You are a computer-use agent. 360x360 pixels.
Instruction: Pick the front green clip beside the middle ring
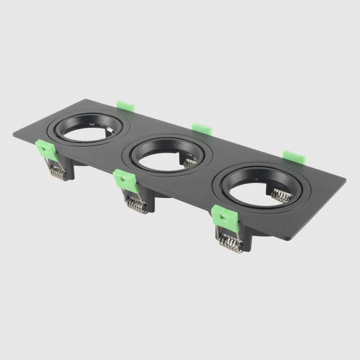125,180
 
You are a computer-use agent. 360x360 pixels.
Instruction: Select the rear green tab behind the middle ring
201,128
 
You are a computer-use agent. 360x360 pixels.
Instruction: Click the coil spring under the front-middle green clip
136,204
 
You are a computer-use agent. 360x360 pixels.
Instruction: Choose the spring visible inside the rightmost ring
281,195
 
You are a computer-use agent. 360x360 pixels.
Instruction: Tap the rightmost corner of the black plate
345,180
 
